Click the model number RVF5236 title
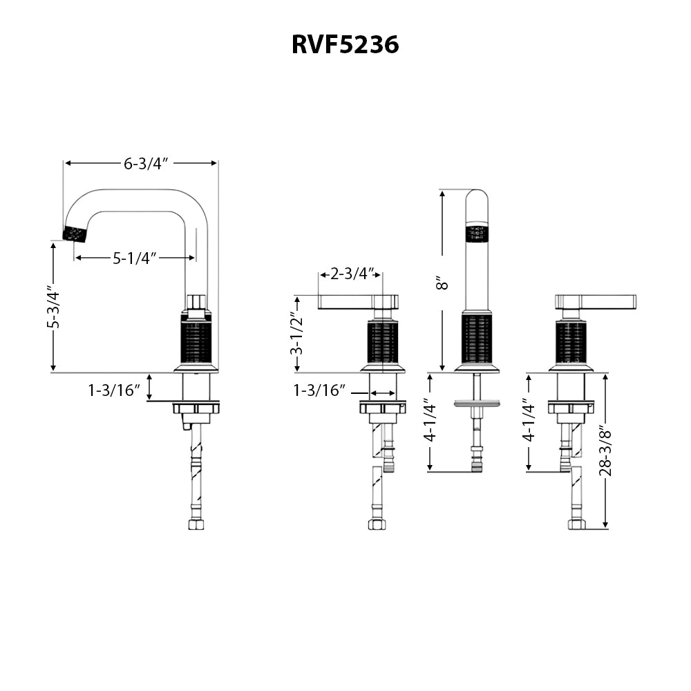345,44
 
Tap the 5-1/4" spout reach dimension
135,258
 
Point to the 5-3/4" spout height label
53,307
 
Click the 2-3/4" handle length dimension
352,274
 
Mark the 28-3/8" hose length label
605,450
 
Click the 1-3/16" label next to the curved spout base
113,390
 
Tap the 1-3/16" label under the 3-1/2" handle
319,390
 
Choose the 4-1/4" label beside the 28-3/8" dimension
529,420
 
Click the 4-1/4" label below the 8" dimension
430,420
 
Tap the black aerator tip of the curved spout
75,234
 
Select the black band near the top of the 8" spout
477,234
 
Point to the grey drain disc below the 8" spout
477,402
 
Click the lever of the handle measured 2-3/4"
345,301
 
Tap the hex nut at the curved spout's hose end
196,524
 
